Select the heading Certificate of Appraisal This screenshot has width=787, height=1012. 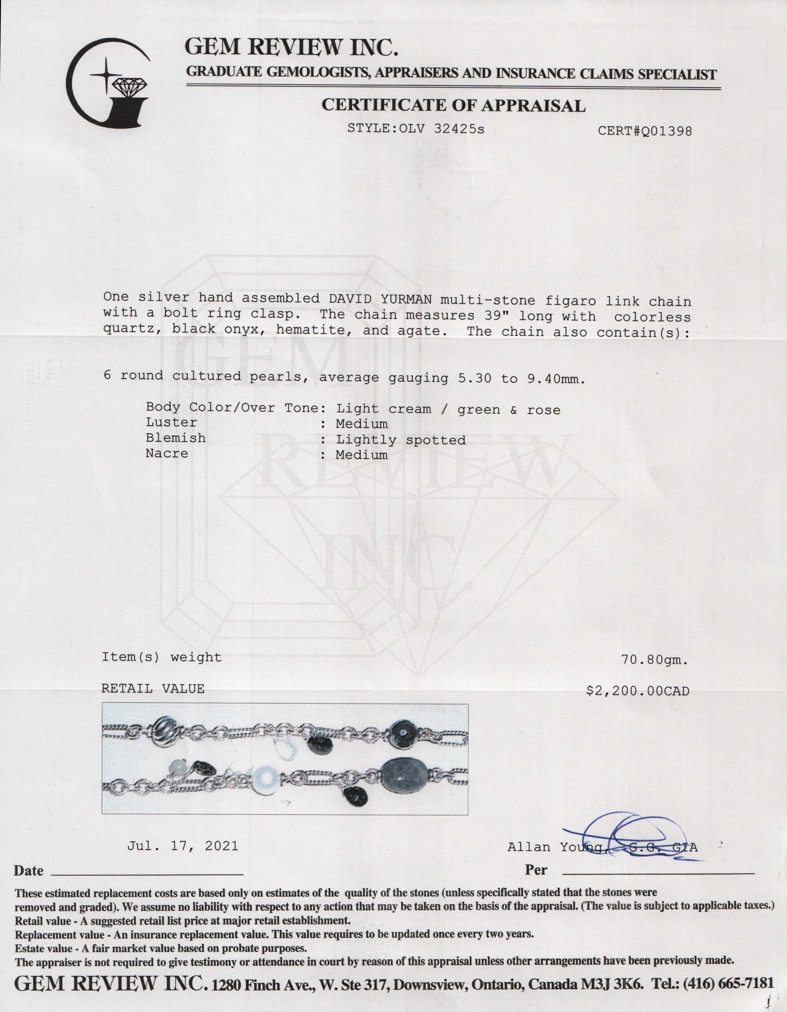[x=454, y=106]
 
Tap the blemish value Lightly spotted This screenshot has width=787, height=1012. [x=401, y=440]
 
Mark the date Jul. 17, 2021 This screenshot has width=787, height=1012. [x=182, y=846]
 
